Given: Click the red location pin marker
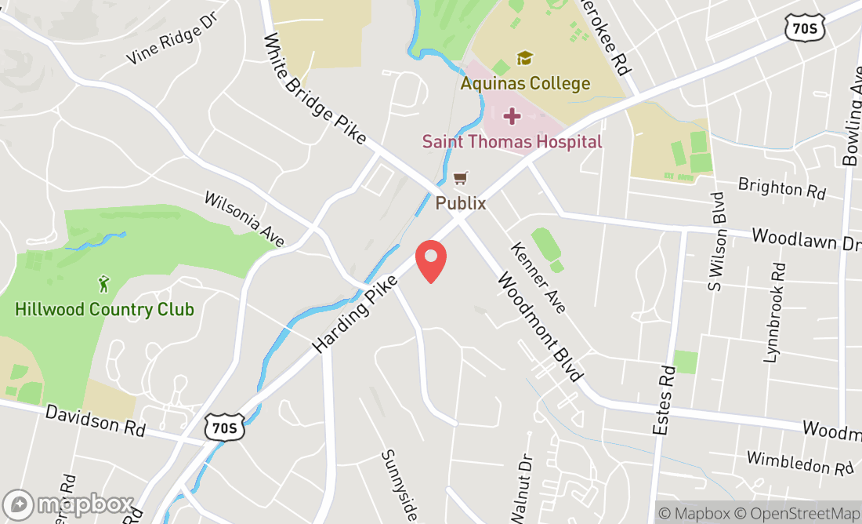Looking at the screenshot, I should click(x=430, y=260).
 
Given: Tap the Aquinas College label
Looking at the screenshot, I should click(x=525, y=83).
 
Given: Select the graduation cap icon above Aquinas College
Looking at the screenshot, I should click(x=524, y=58).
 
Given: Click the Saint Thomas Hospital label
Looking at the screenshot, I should click(x=512, y=142).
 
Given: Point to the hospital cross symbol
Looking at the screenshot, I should click(x=512, y=117).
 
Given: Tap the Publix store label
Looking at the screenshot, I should click(x=461, y=203).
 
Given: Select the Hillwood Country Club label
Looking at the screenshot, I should click(x=104, y=309).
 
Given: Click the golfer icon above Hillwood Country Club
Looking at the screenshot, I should click(x=103, y=283).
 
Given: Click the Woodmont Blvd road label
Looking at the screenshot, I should click(x=540, y=327).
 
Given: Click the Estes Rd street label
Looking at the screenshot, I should click(x=664, y=400).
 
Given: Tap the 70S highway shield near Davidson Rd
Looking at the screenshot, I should click(x=224, y=428).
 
